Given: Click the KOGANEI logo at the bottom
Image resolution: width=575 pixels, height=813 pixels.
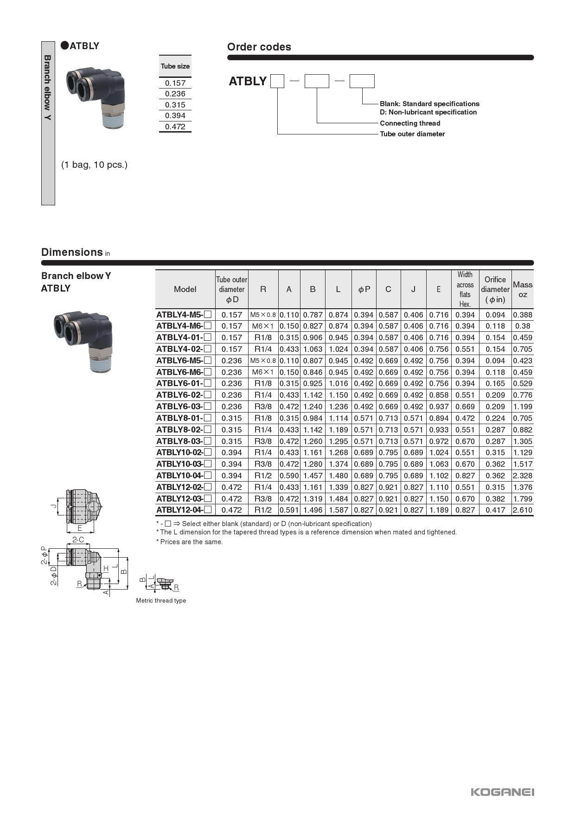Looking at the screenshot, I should click(x=502, y=792).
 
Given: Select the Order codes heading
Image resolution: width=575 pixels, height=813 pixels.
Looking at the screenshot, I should click(x=259, y=47).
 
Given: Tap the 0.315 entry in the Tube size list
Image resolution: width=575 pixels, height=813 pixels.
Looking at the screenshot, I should click(x=175, y=105).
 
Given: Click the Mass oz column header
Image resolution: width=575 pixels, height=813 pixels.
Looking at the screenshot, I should click(x=522, y=289).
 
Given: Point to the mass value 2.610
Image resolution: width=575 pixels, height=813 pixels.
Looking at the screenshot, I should click(x=522, y=510).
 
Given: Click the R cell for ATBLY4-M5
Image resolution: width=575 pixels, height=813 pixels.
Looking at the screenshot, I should click(x=263, y=315).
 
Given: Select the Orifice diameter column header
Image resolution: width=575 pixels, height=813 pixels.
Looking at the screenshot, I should click(x=495, y=289).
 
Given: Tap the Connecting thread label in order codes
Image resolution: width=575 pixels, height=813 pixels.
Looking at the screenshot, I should click(x=410, y=123).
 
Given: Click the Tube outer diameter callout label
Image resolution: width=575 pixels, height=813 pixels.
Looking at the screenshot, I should click(x=412, y=134).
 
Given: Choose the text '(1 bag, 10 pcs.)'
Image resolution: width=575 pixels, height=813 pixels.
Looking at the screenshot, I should click(x=94, y=165).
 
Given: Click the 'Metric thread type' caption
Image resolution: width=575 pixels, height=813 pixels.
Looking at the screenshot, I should click(x=161, y=600).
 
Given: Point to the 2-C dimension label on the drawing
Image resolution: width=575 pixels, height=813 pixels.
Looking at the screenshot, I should click(x=78, y=540).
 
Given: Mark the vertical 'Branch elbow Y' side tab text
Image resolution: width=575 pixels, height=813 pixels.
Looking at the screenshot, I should click(x=48, y=88).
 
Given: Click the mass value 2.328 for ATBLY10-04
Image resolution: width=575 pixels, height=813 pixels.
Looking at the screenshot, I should click(x=522, y=476).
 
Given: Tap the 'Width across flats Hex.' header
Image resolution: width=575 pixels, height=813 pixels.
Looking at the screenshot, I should click(x=465, y=289).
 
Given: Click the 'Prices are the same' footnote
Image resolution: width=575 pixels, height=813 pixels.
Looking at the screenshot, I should click(x=190, y=542).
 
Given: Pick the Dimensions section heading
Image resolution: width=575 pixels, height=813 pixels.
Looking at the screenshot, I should click(x=72, y=252).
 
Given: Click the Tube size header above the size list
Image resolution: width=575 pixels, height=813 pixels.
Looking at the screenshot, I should click(x=175, y=66).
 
